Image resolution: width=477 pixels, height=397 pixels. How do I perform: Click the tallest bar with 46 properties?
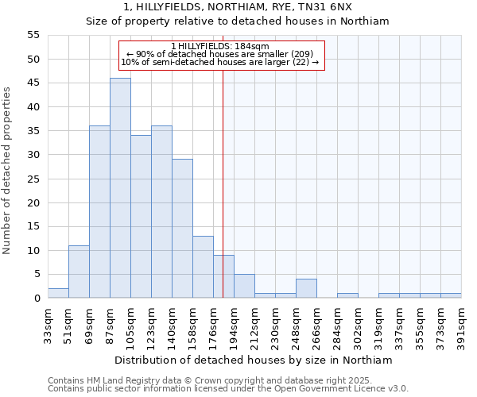[x=120, y=188]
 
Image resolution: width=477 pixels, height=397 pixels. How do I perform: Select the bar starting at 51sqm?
[x=79, y=272]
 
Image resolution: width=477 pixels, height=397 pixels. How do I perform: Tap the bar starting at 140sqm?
[x=182, y=229]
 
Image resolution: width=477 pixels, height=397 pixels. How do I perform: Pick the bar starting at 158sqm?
[x=203, y=267]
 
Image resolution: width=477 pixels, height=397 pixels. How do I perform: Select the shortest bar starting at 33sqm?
[x=58, y=293]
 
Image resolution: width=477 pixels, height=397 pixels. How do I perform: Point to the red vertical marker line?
[x=223, y=198]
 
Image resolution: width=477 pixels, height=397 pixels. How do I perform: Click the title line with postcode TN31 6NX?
[x=238, y=6]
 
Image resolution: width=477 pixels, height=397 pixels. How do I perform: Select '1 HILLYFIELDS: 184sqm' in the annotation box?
[x=220, y=46]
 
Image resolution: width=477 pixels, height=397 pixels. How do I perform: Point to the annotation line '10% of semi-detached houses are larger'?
[x=220, y=62]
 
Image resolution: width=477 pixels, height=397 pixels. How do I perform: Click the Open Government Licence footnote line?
[x=227, y=389]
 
